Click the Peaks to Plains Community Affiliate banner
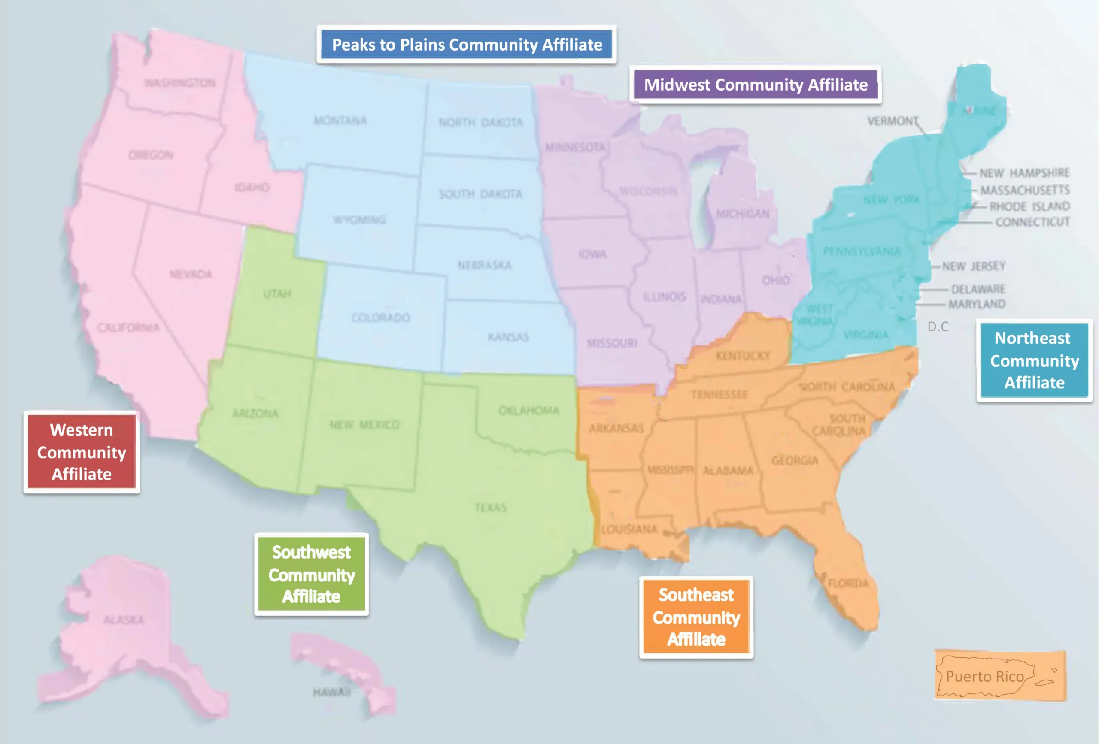pos(467,45)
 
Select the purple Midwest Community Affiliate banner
pos(755,85)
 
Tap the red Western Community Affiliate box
pos(81,452)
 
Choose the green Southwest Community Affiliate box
pos(311,575)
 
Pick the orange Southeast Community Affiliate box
pos(696,617)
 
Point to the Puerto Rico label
pos(984,676)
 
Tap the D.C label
pos(938,327)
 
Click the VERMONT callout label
pos(893,121)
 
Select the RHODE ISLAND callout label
pos(1029,206)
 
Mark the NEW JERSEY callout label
pos(973,266)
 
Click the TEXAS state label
pos(490,507)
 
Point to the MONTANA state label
pos(340,121)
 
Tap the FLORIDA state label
pos(848,583)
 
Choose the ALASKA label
pos(124,620)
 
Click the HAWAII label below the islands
pos(331,693)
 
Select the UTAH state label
pos(277,293)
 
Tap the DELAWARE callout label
pos(978,289)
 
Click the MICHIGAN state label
pos(742,214)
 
